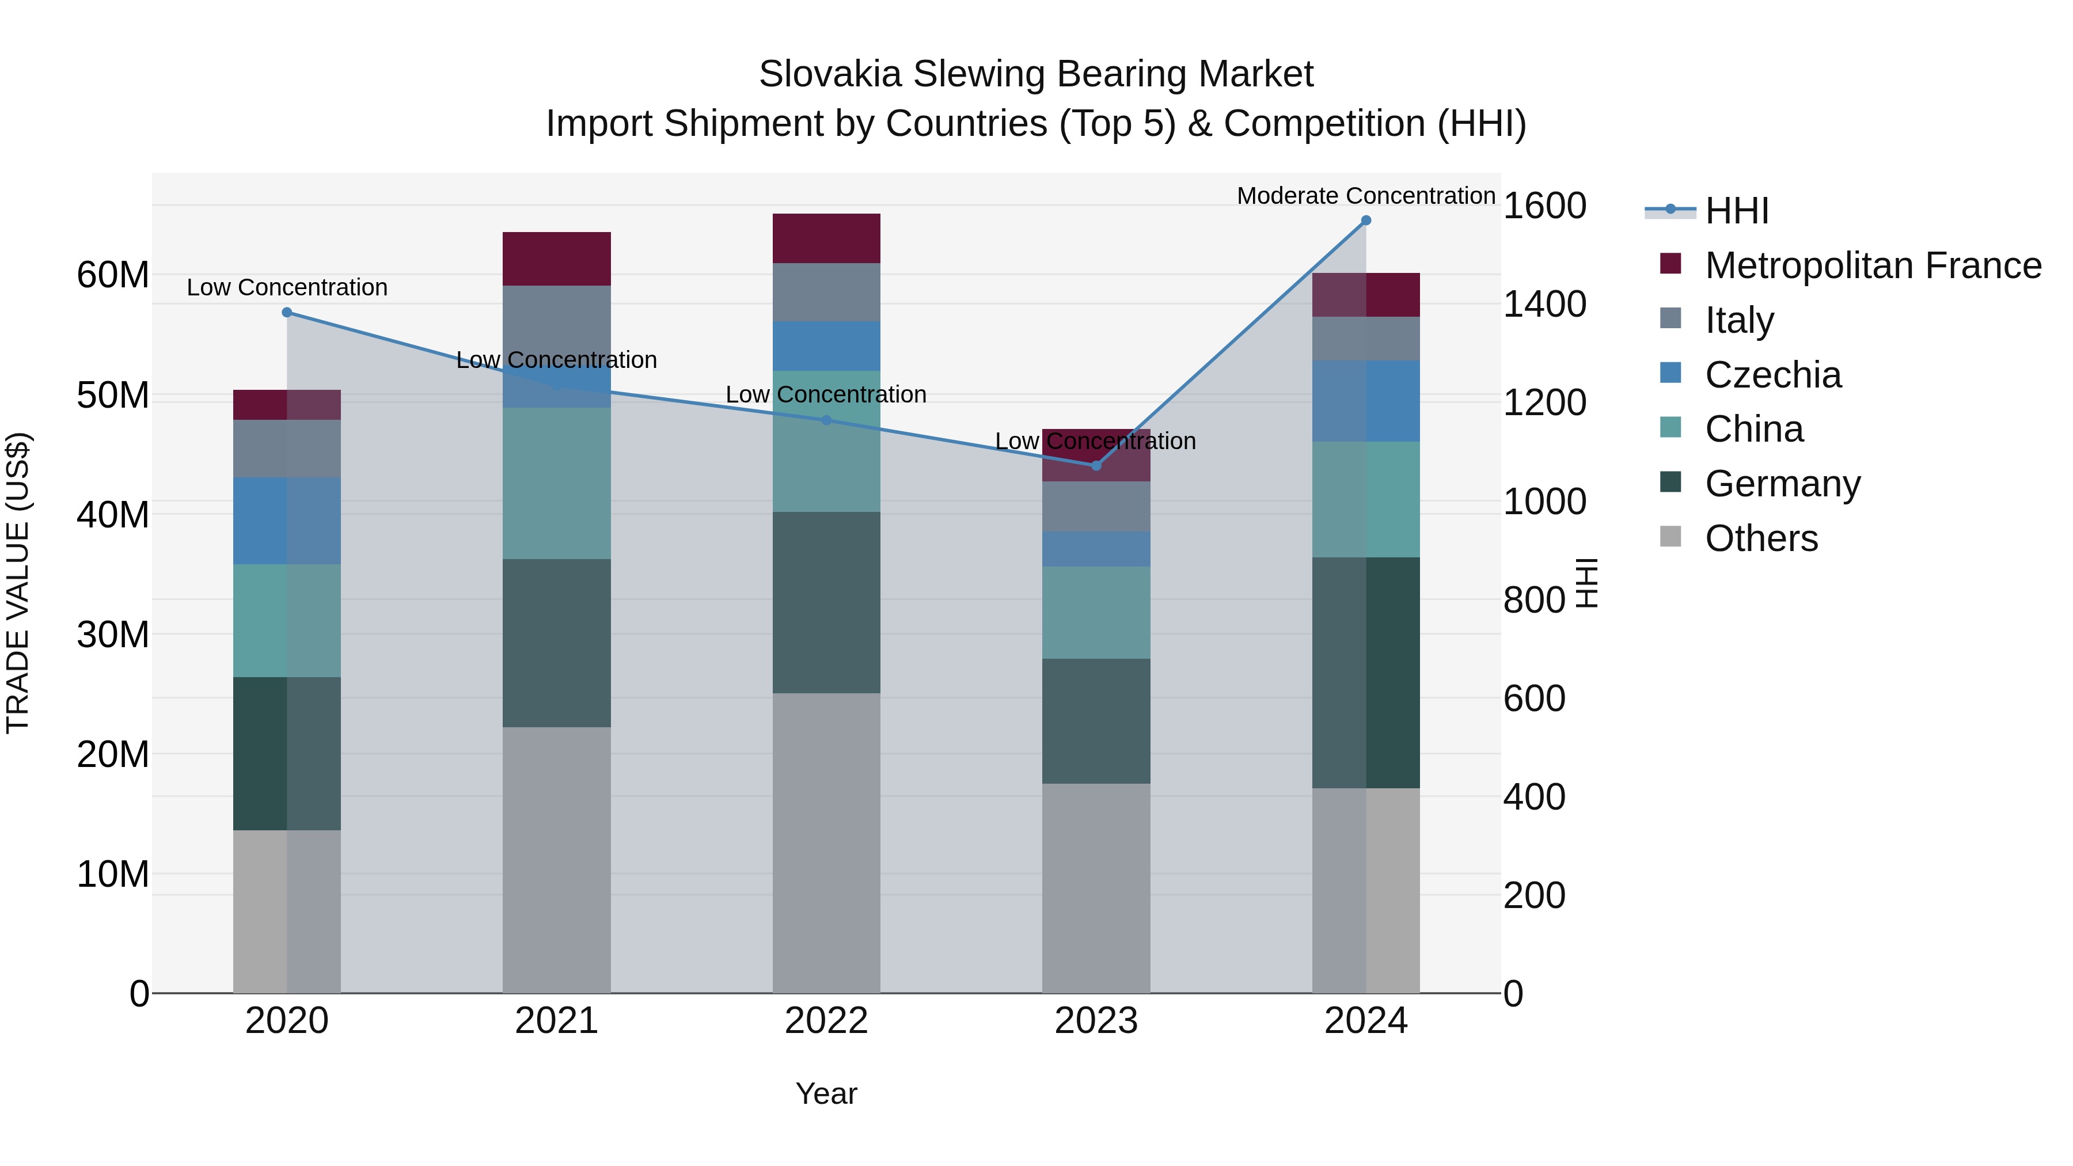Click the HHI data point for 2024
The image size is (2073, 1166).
[1366, 221]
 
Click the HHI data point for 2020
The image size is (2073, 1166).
[287, 312]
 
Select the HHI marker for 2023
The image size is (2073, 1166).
[1096, 466]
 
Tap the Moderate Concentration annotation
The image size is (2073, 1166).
[1366, 196]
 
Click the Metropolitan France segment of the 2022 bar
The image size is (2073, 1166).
[826, 238]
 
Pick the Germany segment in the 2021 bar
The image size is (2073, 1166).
[557, 643]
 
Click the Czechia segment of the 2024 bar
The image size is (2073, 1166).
[1366, 401]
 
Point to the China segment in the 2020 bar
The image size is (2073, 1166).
[287, 620]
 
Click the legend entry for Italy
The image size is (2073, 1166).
[1739, 320]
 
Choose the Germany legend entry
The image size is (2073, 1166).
[1782, 484]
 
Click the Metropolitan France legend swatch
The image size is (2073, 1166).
[1670, 264]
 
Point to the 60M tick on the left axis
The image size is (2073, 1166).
[113, 275]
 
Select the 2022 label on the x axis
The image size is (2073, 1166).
[826, 1021]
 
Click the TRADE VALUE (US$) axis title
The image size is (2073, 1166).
[18, 583]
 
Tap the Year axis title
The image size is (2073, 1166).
[826, 1093]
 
